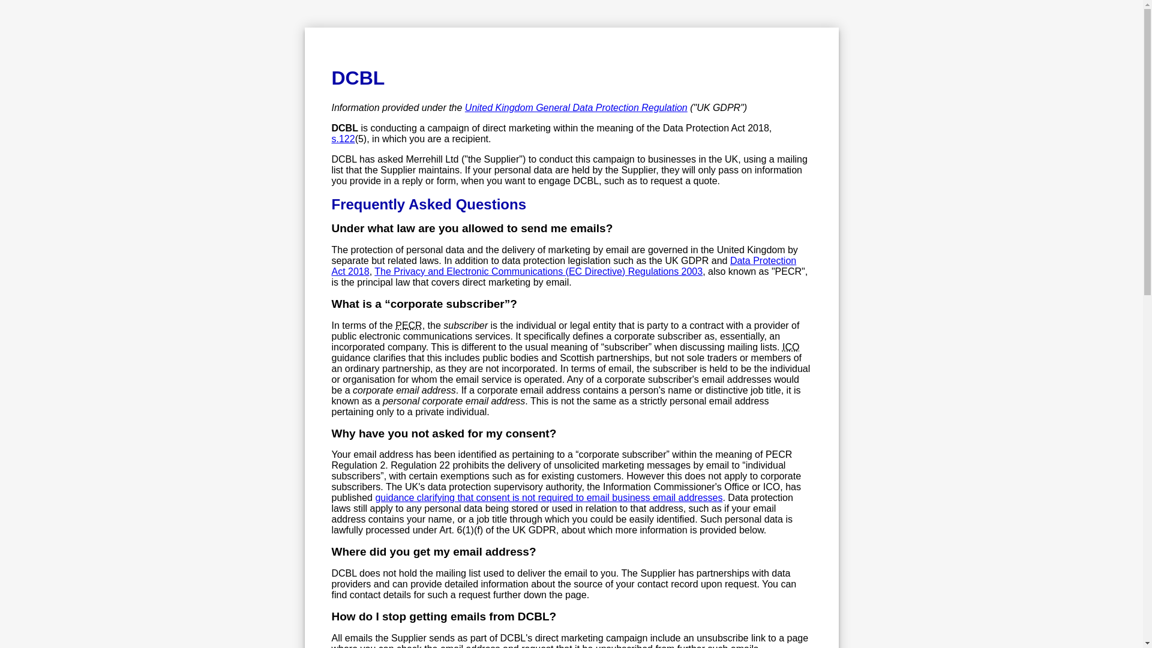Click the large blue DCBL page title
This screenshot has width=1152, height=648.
point(358,78)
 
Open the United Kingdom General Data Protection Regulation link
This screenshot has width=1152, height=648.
point(575,108)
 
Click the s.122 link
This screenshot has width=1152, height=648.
point(343,139)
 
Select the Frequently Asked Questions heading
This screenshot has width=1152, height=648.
point(428,205)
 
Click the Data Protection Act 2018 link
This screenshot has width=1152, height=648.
point(763,261)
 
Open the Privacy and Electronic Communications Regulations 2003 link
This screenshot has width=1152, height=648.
point(538,272)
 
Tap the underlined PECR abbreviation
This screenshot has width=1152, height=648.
point(409,326)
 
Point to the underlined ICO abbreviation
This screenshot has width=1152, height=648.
point(790,347)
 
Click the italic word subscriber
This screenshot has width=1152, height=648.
point(466,326)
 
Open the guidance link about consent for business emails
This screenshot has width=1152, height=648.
point(548,498)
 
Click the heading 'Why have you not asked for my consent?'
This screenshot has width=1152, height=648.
point(443,434)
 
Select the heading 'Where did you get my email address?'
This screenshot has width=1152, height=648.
point(433,552)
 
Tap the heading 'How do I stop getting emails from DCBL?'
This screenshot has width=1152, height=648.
point(443,617)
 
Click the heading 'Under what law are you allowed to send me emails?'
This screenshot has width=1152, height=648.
point(472,229)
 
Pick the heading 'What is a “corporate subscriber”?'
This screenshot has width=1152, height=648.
point(424,304)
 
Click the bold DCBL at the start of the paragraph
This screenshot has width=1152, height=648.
point(344,128)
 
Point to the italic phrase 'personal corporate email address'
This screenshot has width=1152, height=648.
point(454,401)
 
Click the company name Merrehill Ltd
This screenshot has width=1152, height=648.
point(432,160)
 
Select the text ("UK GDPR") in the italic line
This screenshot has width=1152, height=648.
point(718,108)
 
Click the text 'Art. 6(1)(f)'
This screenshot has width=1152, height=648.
point(461,530)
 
